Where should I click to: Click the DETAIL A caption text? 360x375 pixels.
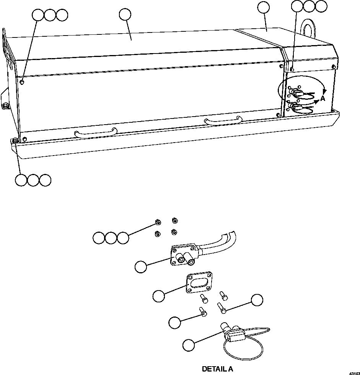coord(217,369)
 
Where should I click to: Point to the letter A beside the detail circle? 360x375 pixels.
coord(323,99)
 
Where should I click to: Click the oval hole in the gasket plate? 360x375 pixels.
coord(199,284)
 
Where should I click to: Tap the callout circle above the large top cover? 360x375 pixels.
coord(125,14)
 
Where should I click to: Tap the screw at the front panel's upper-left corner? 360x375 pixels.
coord(23,82)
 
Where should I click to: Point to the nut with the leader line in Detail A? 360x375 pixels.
coord(157,222)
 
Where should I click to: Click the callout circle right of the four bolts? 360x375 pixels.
coord(257,300)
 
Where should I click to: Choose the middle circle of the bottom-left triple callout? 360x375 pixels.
coord(33,180)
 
